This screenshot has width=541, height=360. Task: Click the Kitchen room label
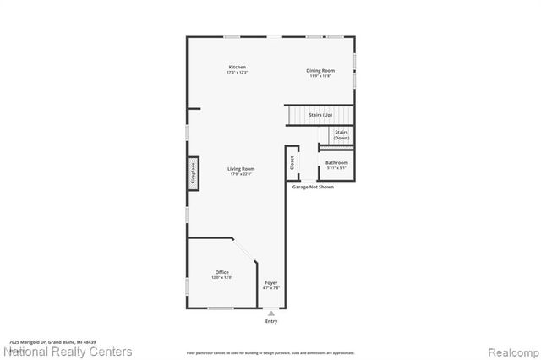(x=238, y=67)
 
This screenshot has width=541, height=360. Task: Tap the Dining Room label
(x=320, y=70)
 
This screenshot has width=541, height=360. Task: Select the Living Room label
(x=241, y=168)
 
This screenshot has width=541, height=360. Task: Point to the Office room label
(x=221, y=272)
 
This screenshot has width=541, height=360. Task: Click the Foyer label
(x=271, y=282)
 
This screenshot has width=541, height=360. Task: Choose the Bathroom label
(x=336, y=162)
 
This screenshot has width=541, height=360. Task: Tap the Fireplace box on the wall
(x=193, y=172)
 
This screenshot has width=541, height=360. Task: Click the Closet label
(x=292, y=163)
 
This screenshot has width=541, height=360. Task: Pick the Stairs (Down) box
(x=341, y=134)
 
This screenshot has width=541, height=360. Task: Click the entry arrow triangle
(x=271, y=312)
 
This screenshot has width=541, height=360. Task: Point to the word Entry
(x=271, y=321)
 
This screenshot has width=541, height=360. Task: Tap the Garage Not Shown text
(x=313, y=187)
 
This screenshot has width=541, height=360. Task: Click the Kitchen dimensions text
(x=238, y=73)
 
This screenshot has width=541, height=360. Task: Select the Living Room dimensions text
(x=241, y=174)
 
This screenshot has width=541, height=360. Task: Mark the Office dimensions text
(x=221, y=277)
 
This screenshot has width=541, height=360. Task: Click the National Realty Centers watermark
(x=68, y=351)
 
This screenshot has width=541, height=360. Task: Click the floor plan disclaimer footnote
(x=270, y=352)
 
